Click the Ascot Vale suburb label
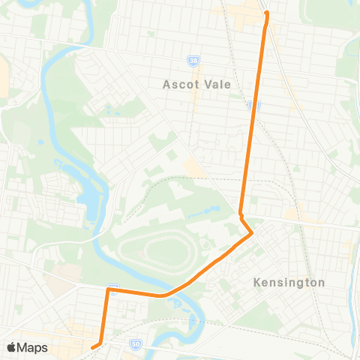click(192, 84)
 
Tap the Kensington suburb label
click(289, 283)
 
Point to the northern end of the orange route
click(266, 13)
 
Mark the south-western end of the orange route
click(93, 347)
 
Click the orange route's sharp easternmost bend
click(252, 234)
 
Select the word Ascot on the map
click(178, 84)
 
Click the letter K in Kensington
click(256, 283)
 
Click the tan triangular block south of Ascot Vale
click(193, 166)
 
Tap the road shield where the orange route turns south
click(112, 288)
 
